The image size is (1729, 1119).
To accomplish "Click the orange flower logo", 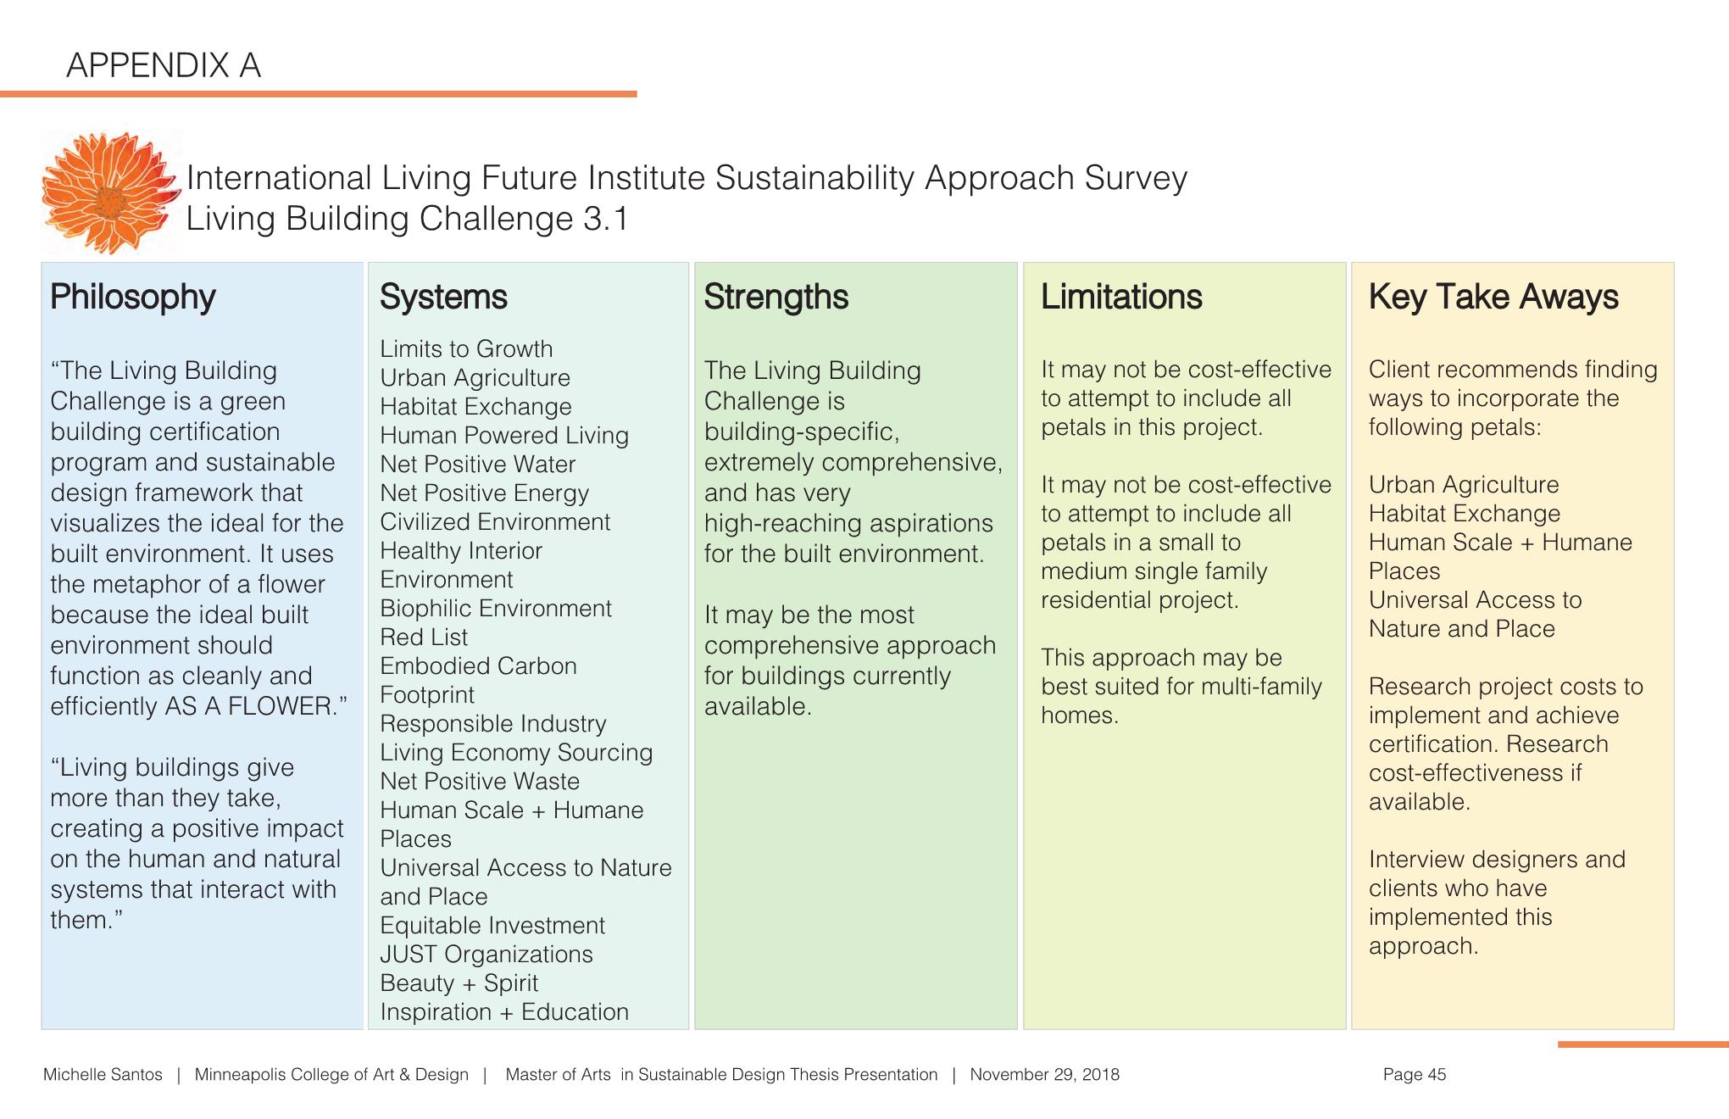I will click(110, 193).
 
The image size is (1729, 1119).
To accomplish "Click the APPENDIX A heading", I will click(163, 65).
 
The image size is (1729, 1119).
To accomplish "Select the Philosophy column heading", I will click(133, 297).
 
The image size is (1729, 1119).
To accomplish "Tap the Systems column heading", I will click(443, 297).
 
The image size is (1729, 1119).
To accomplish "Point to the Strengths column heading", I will click(776, 297).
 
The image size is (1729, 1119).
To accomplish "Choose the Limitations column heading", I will click(1120, 297).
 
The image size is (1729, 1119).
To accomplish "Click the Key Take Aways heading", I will click(1493, 297).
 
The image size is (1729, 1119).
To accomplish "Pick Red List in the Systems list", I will click(424, 637).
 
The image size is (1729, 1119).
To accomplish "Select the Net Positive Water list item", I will click(477, 465).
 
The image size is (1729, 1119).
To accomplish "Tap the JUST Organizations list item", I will click(486, 955).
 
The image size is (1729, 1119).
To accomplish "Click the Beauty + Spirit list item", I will click(459, 983).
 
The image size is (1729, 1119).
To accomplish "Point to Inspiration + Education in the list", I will click(504, 1012).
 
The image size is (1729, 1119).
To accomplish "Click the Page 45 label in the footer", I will click(1414, 1075).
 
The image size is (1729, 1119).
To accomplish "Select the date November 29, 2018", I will click(1044, 1075).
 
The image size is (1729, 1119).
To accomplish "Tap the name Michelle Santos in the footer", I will click(103, 1075).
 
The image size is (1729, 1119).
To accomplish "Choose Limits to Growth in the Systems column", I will click(466, 349).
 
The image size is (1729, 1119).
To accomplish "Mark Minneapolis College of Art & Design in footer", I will click(331, 1075).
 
